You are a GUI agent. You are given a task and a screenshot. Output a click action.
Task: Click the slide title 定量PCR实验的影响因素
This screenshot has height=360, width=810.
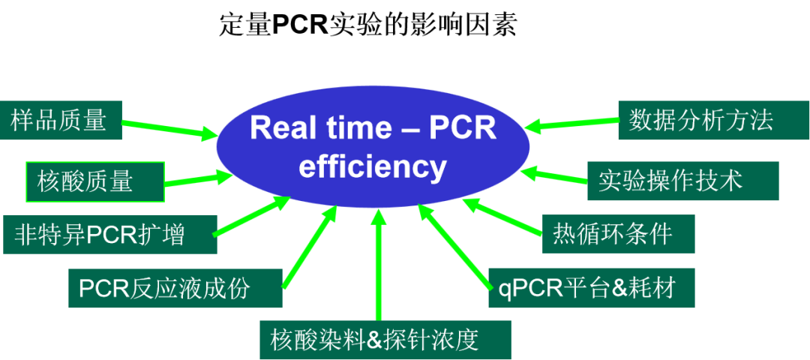(x=367, y=25)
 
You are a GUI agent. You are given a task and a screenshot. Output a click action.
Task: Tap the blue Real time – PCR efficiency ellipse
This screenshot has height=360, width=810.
(x=373, y=148)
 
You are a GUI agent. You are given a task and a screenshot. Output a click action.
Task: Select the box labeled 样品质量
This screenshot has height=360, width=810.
(x=61, y=120)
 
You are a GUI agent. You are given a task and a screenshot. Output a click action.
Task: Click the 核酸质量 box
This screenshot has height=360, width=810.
(x=95, y=181)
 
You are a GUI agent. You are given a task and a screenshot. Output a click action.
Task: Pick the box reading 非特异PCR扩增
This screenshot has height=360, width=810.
(x=109, y=235)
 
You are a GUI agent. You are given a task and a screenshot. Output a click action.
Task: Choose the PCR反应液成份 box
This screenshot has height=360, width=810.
(x=175, y=288)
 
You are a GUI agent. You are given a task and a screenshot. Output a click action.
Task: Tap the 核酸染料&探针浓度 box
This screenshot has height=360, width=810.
(x=385, y=340)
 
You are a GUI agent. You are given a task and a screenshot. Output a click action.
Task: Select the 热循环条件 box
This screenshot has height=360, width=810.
(x=618, y=234)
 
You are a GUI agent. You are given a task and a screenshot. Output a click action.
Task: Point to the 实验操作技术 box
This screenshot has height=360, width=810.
(x=683, y=181)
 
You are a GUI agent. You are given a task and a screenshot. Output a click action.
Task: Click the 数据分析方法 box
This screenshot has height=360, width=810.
(x=714, y=120)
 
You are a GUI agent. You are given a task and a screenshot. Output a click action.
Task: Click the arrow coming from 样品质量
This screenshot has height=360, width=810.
(x=169, y=130)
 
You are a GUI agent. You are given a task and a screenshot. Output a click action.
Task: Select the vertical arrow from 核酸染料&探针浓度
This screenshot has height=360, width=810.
(x=379, y=264)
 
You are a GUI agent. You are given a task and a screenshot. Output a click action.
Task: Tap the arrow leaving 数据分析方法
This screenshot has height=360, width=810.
(x=571, y=123)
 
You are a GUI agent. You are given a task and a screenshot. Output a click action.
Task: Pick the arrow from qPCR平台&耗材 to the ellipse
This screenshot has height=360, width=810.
(x=454, y=246)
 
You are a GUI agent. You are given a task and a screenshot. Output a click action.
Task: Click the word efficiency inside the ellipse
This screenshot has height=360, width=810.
(x=373, y=166)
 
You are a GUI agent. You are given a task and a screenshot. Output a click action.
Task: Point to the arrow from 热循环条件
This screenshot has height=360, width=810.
(x=502, y=217)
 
